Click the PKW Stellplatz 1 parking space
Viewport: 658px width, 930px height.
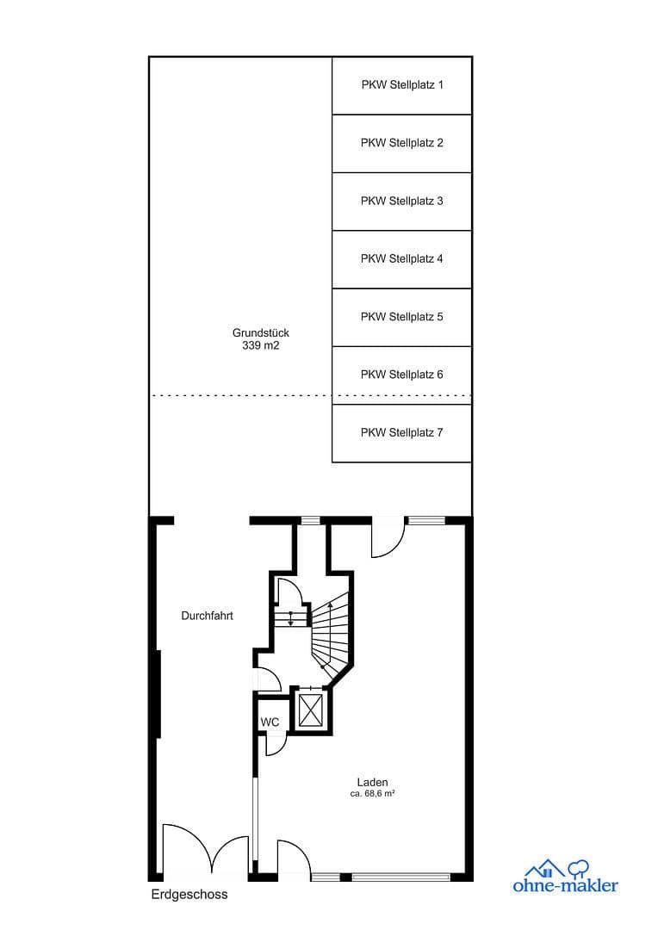click(x=401, y=85)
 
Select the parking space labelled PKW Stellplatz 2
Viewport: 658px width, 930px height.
click(x=401, y=143)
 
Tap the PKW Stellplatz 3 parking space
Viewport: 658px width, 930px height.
click(x=401, y=201)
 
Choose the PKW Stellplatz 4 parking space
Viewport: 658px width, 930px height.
click(x=401, y=258)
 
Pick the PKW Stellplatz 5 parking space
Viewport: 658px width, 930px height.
click(x=401, y=317)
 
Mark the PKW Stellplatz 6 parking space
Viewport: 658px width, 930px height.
click(x=401, y=375)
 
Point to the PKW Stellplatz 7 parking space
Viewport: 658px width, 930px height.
click(x=401, y=432)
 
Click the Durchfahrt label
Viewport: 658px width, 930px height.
click(x=207, y=616)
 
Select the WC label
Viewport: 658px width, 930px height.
click(x=270, y=722)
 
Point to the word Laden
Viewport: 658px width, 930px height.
click(x=372, y=782)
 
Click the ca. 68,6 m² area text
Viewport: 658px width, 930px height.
click(x=372, y=794)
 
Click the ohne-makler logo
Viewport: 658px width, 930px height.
click(x=566, y=876)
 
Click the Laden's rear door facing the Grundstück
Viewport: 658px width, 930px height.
click(x=388, y=539)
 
